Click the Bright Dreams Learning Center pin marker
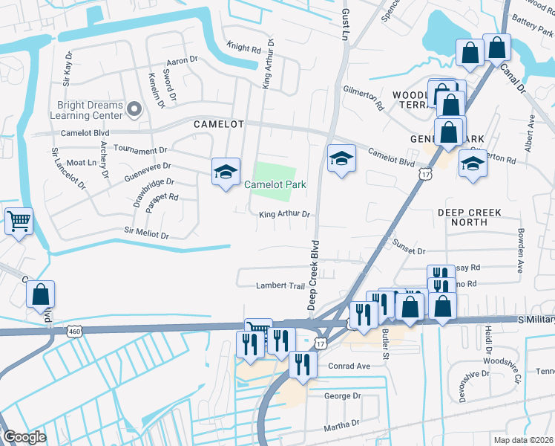(134, 110)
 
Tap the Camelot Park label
(275, 185)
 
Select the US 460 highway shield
(72, 330)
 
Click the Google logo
(24, 437)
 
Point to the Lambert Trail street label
(280, 285)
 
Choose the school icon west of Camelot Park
(226, 172)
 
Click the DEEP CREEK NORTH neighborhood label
(469, 217)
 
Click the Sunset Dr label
(409, 252)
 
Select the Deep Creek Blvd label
(313, 275)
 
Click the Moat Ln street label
(82, 162)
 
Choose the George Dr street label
(342, 396)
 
